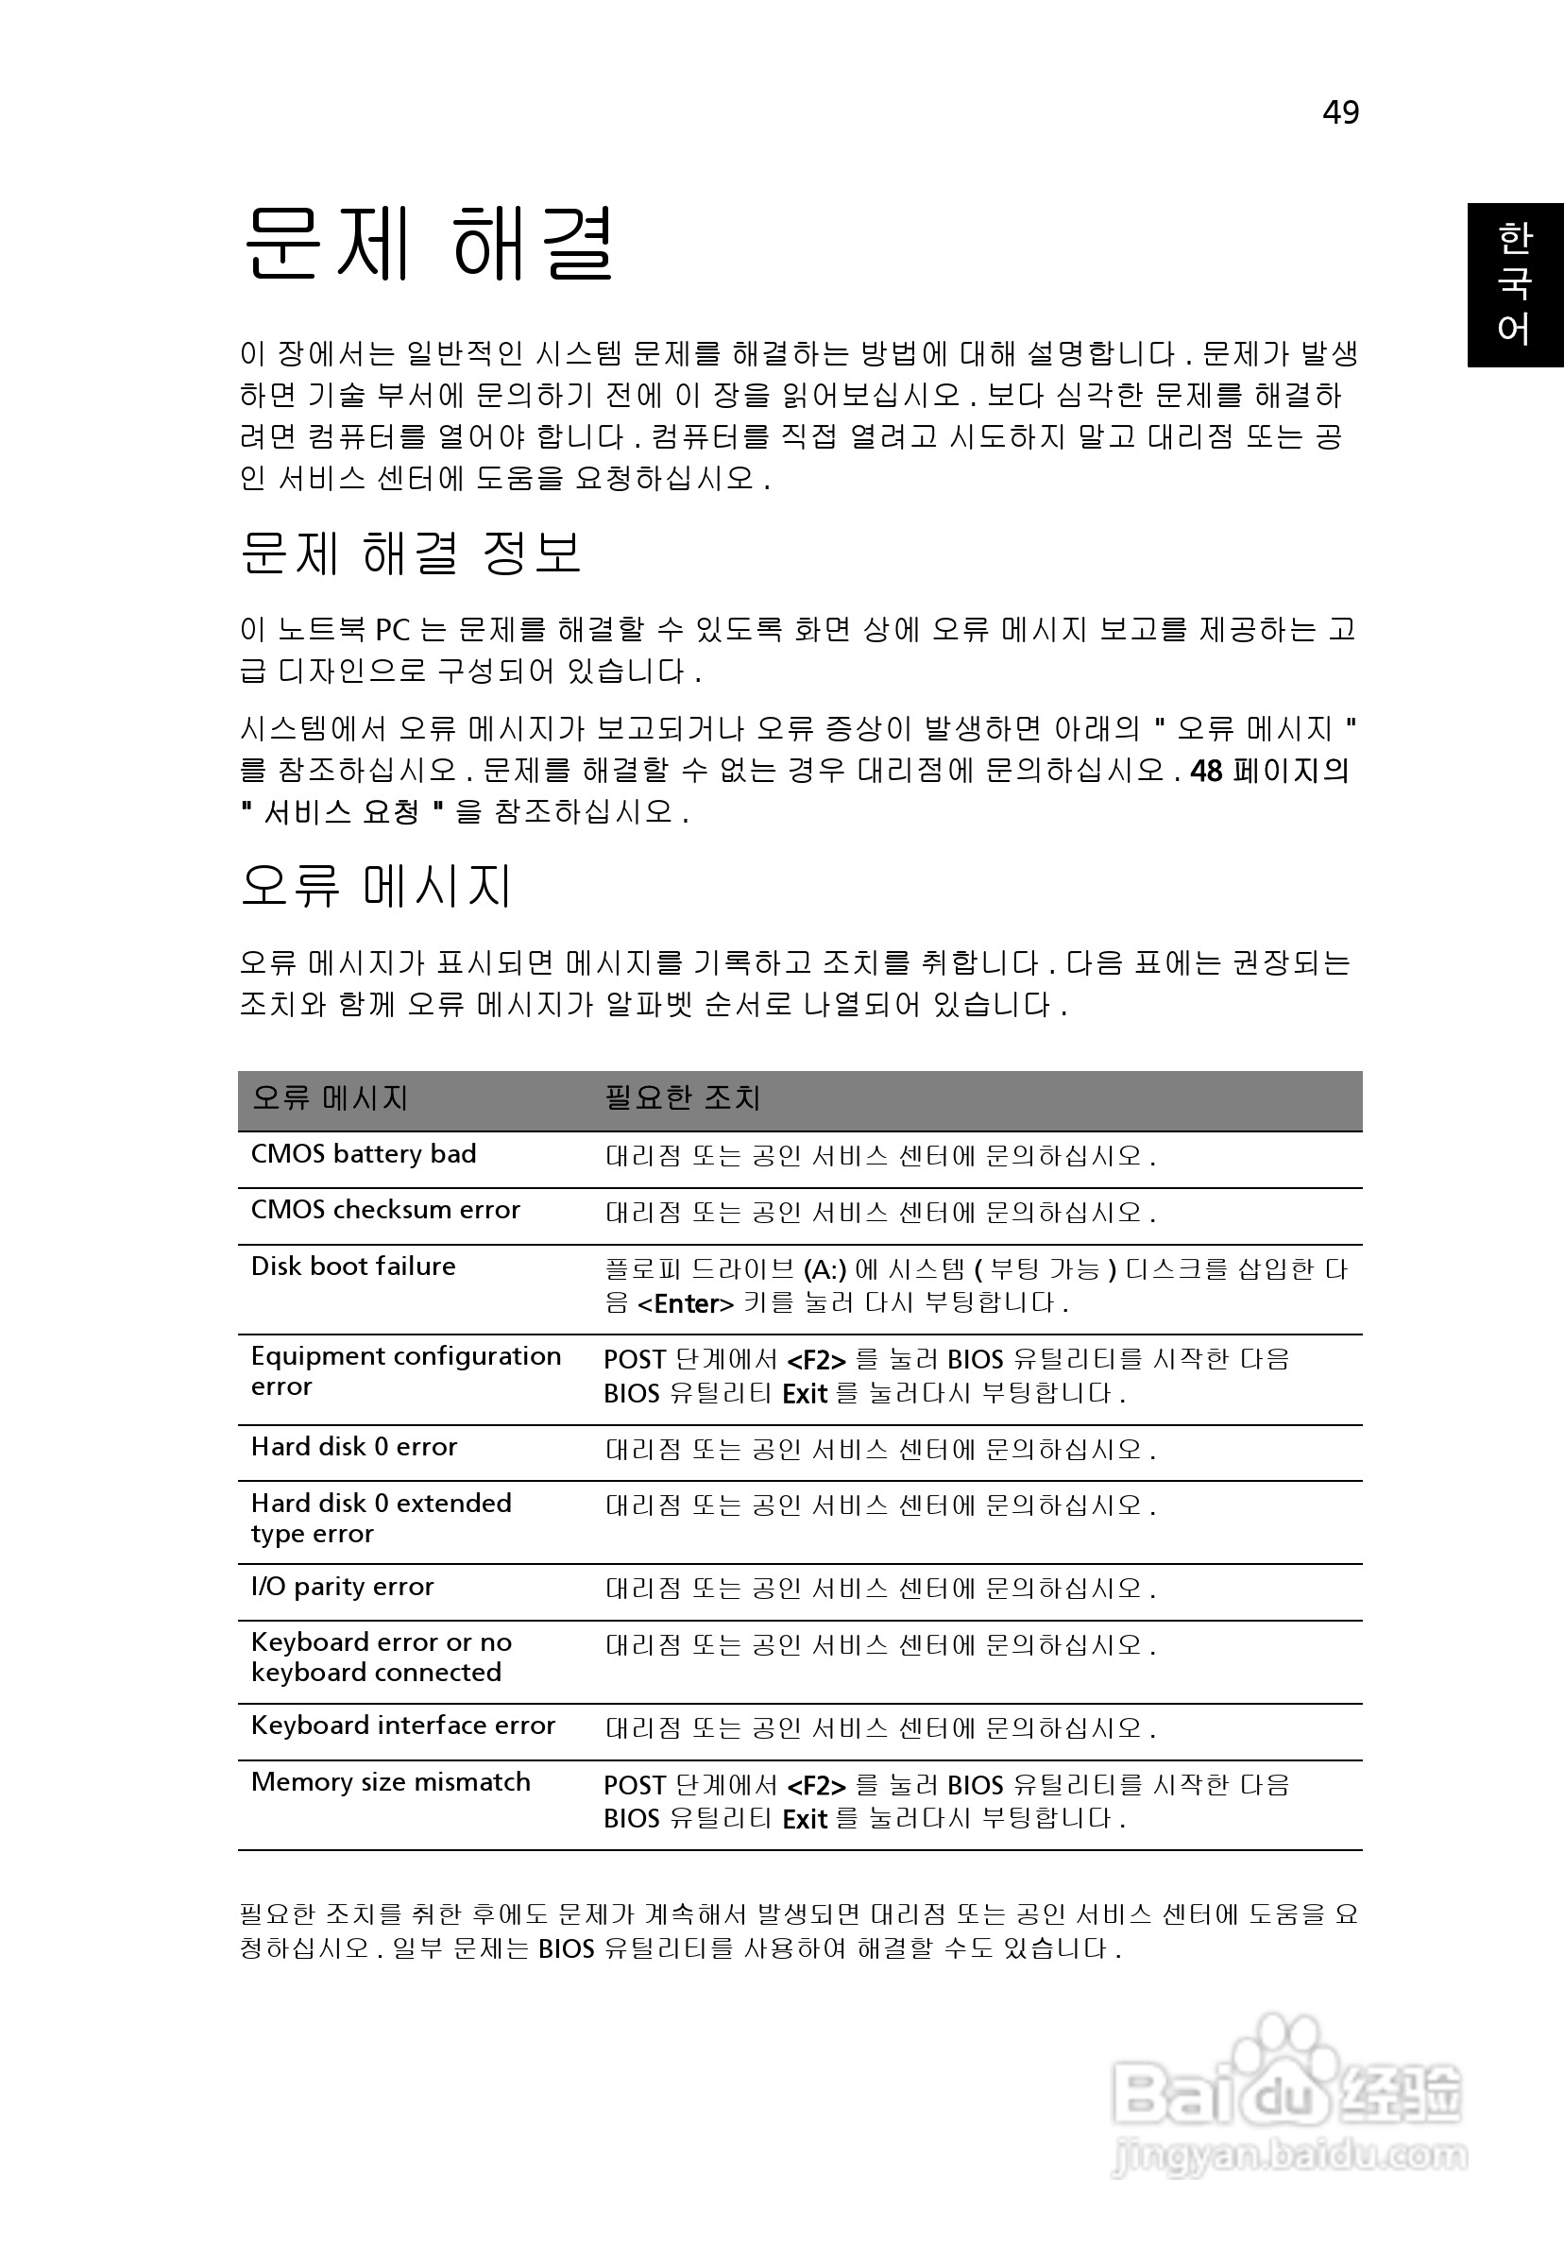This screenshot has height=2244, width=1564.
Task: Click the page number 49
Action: pyautogui.click(x=1340, y=112)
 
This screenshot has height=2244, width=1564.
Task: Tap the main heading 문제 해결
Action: pyautogui.click(x=429, y=244)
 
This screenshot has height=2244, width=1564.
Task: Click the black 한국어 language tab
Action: pyautogui.click(x=1514, y=284)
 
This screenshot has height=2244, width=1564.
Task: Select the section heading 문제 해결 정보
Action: pyautogui.click(x=411, y=552)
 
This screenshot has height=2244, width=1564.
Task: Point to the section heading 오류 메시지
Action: pyautogui.click(x=376, y=886)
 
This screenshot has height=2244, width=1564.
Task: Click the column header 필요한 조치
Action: pyautogui.click(x=682, y=1098)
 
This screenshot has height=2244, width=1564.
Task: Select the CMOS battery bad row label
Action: pyautogui.click(x=364, y=1154)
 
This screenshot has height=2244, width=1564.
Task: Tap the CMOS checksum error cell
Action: pyautogui.click(x=385, y=1210)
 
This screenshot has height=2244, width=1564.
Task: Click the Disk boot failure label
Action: pyautogui.click(x=353, y=1266)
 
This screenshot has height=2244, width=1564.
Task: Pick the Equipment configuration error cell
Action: pyautogui.click(x=406, y=1371)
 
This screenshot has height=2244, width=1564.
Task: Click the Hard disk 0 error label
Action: pyautogui.click(x=354, y=1447)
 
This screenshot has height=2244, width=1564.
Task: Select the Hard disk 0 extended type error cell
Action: pyautogui.click(x=381, y=1518)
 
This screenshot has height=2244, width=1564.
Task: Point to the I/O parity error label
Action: pyautogui.click(x=342, y=1587)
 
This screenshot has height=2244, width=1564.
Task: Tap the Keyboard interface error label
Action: pyautogui.click(x=402, y=1725)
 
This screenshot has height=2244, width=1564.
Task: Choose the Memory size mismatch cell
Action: pyautogui.click(x=390, y=1782)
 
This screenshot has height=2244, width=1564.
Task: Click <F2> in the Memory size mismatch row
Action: pyautogui.click(x=815, y=1787)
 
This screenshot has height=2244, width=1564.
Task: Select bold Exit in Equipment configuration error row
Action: pyautogui.click(x=805, y=1394)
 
